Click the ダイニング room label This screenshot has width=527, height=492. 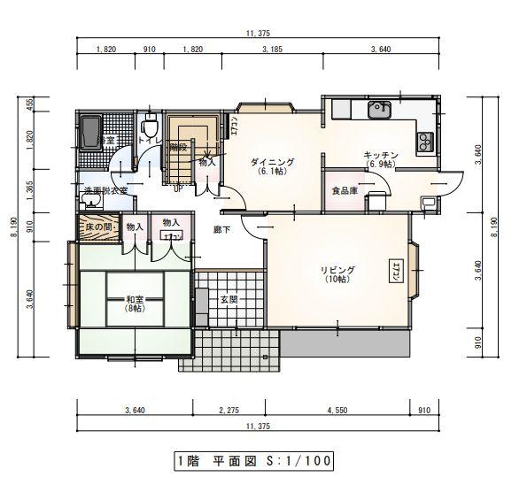point(271,162)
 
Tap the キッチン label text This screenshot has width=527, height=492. point(380,156)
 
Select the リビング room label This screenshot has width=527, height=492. point(337,270)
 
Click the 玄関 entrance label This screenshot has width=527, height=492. point(229,299)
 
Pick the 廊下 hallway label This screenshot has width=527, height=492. point(222,229)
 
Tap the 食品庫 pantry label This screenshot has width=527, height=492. point(344,190)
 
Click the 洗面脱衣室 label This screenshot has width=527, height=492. point(105,190)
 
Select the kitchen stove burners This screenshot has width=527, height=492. point(424,140)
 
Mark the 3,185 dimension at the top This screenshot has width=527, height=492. point(272,50)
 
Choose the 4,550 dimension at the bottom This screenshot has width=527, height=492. point(337,410)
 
